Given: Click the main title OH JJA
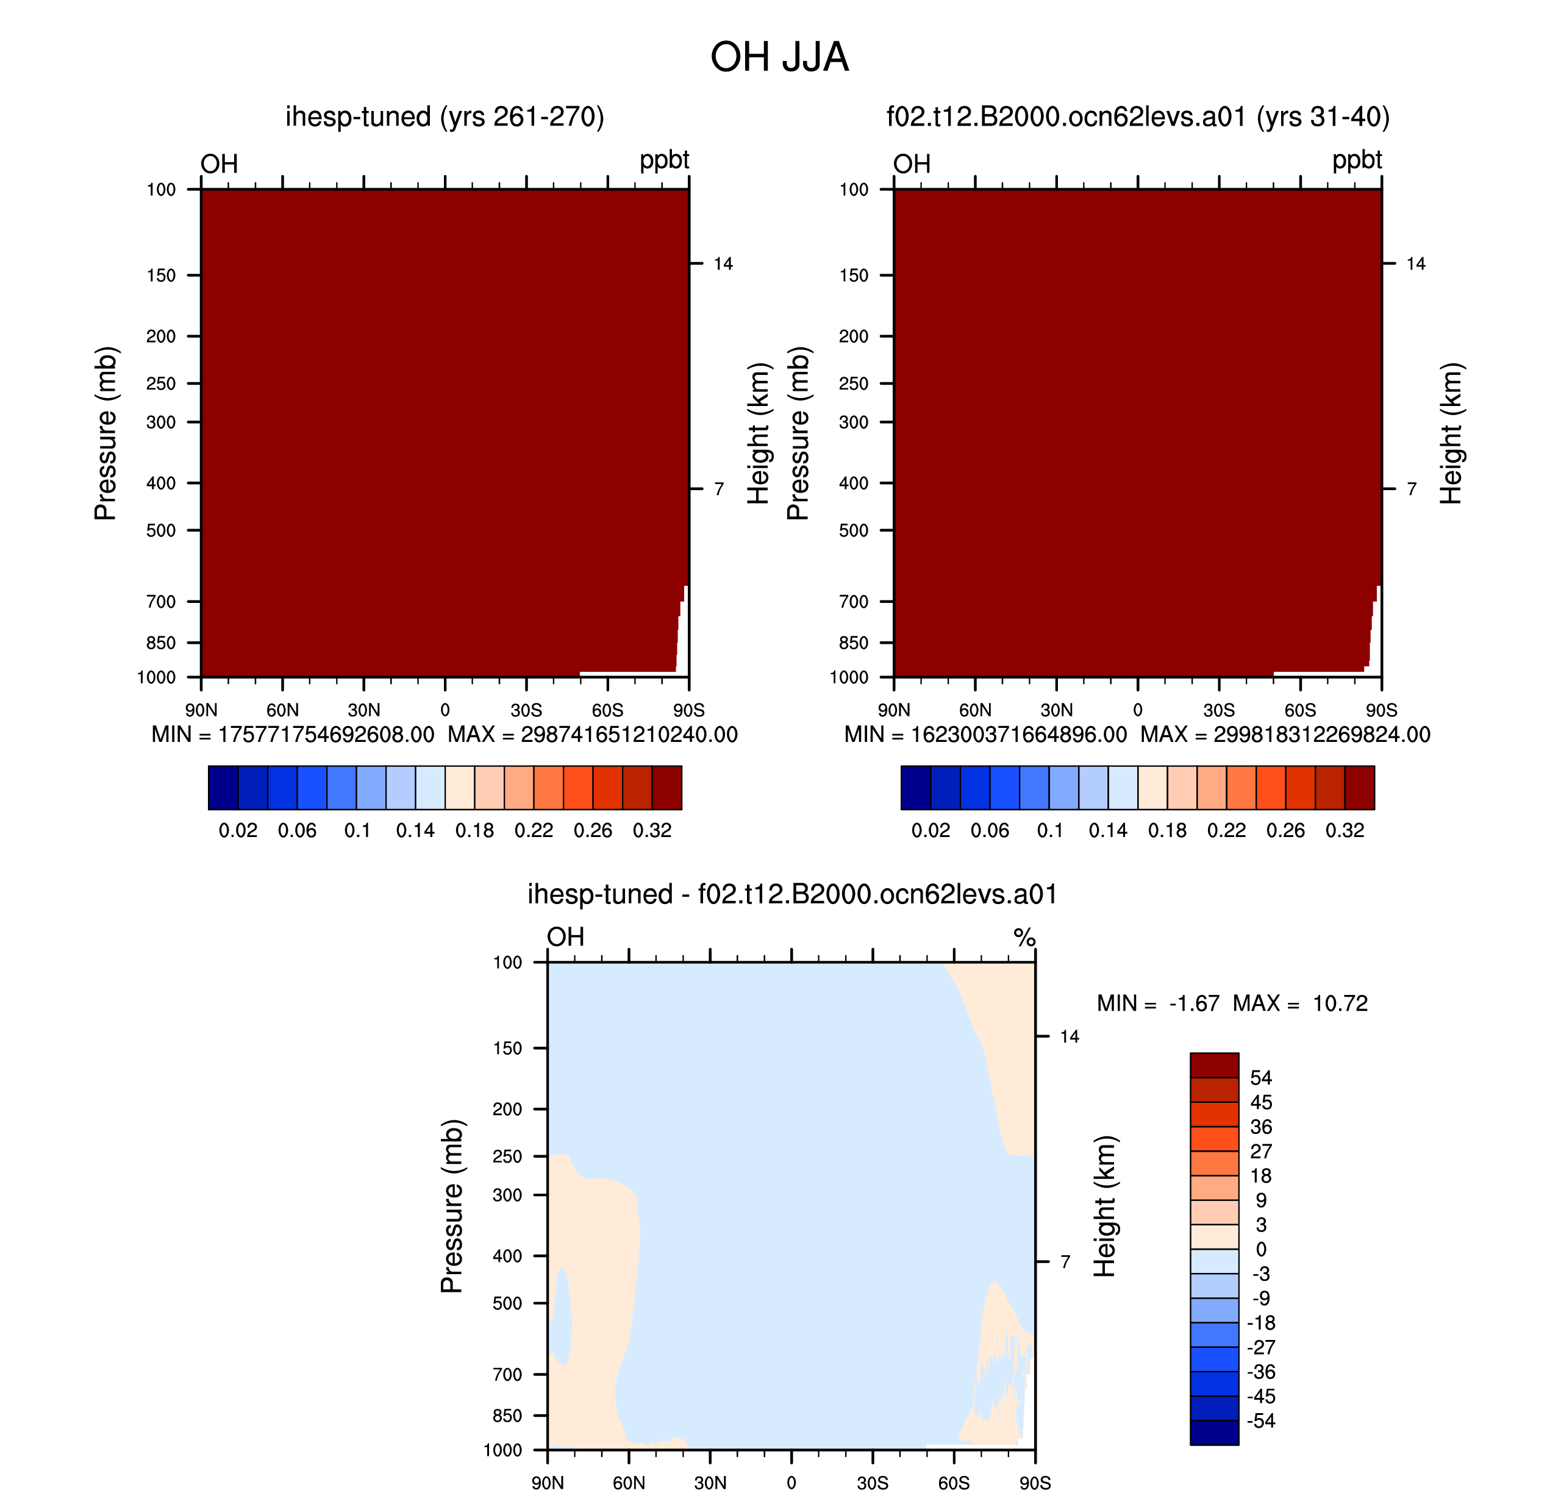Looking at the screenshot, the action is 779,57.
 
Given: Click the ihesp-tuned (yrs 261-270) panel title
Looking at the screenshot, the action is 445,117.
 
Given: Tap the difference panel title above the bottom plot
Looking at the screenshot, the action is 792,894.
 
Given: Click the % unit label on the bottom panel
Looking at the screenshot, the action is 1024,938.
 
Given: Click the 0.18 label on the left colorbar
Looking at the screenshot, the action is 474,830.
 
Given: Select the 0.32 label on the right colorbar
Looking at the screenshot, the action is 1345,830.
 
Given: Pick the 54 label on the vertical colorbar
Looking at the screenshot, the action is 1261,1078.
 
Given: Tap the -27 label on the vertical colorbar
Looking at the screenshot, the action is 1261,1347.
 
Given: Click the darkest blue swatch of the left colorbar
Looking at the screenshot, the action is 223,787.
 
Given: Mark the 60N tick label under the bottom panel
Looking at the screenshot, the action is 629,1483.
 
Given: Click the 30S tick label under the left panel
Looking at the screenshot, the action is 526,710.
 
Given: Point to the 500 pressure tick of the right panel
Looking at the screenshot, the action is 853,530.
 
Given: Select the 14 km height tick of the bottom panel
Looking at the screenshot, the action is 1069,1036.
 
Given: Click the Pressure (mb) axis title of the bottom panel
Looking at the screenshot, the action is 451,1206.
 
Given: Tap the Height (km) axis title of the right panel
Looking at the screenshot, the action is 1451,433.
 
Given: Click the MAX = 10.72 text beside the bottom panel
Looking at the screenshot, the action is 1300,1003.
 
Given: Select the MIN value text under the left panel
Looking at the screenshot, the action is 293,734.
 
